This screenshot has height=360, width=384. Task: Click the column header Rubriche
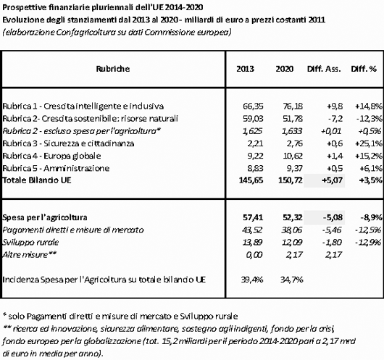(x=112, y=69)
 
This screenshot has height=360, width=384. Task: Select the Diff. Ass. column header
(x=324, y=69)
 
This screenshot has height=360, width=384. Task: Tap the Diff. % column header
(x=364, y=69)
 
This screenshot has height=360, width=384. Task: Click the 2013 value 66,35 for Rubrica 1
(x=253, y=106)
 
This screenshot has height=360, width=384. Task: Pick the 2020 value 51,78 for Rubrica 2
(x=293, y=119)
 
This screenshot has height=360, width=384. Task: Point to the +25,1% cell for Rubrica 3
(x=369, y=143)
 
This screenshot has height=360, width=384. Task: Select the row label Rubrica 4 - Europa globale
(x=51, y=156)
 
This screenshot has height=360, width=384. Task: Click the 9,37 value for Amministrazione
(x=295, y=168)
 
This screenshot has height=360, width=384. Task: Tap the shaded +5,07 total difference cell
(x=333, y=180)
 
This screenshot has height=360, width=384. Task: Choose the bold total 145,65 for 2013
(x=251, y=180)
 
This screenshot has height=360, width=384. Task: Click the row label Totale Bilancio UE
(x=37, y=180)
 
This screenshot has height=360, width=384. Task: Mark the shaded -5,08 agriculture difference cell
(x=333, y=217)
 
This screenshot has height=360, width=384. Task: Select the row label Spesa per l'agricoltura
(x=45, y=217)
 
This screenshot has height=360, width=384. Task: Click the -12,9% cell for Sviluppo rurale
(x=369, y=243)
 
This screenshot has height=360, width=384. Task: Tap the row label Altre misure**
(x=29, y=255)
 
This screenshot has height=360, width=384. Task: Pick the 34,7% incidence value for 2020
(x=292, y=280)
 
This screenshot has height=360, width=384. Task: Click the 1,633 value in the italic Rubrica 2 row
(x=292, y=131)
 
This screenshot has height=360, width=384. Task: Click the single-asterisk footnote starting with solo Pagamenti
(x=120, y=317)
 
